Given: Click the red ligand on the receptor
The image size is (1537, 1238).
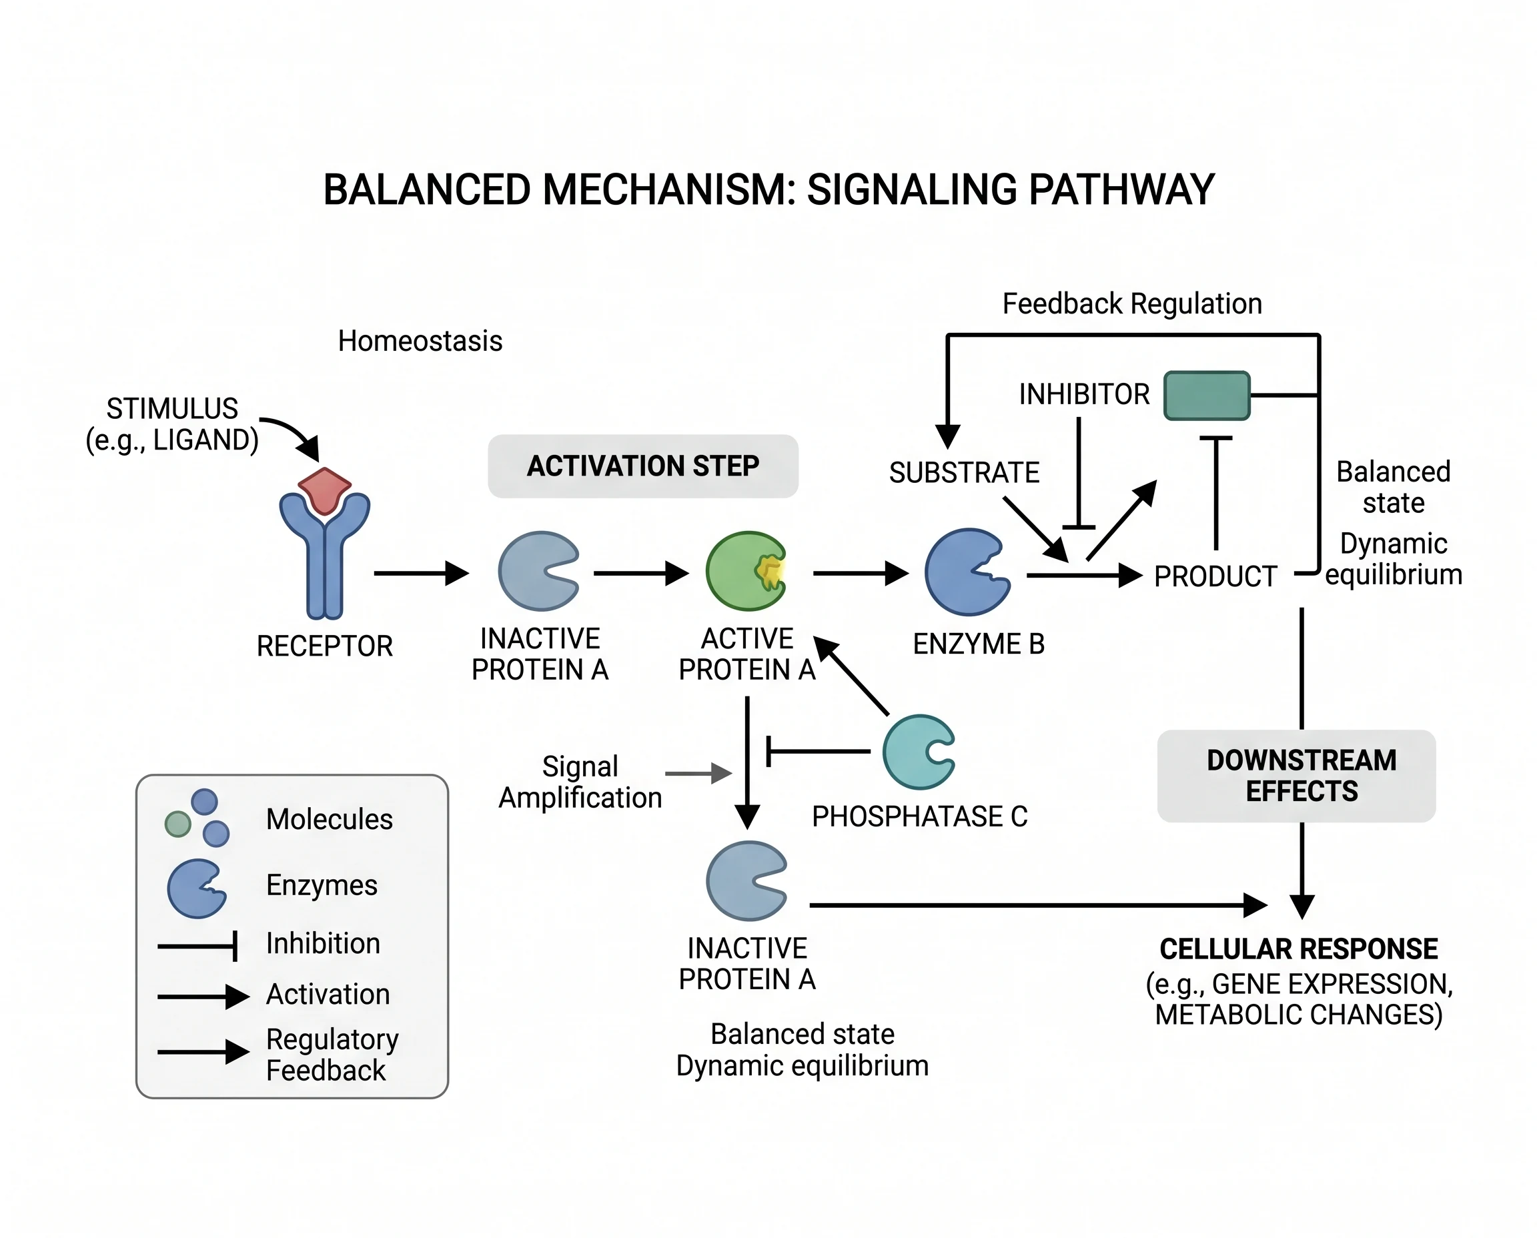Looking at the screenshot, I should [x=324, y=489].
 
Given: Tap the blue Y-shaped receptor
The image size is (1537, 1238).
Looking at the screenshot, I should [x=324, y=564].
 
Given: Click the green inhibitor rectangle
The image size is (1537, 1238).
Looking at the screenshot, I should [x=1207, y=395].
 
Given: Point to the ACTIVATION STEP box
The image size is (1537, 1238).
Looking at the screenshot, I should [x=642, y=466].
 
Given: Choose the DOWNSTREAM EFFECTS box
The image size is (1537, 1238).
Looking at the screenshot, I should [x=1296, y=776].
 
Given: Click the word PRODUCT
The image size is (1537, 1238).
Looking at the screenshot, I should [x=1215, y=576].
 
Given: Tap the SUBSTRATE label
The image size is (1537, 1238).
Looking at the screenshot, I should [x=964, y=473].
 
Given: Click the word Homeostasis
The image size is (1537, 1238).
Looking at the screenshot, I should [x=420, y=341].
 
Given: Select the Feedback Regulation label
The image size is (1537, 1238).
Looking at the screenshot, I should [x=1132, y=303].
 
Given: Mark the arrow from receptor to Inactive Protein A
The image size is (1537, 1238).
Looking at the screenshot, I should [x=421, y=573].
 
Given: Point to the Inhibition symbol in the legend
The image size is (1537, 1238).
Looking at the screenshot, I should [x=197, y=947].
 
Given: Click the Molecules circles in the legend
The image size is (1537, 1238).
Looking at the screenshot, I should [x=198, y=818].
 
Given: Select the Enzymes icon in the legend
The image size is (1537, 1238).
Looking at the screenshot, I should [x=195, y=888].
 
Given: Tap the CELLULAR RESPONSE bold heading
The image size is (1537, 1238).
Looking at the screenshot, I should [x=1299, y=949].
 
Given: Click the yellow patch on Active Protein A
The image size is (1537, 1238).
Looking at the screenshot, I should [x=771, y=571].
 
